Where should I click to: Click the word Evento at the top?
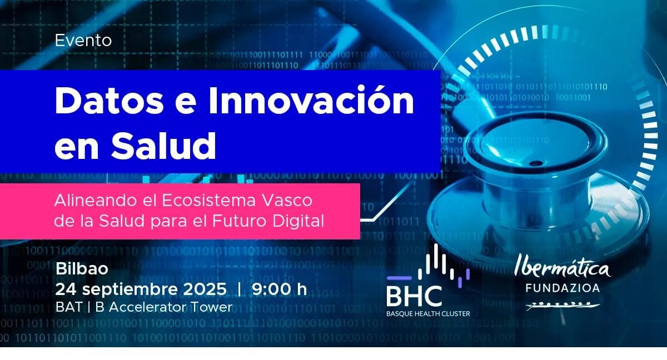click(x=83, y=41)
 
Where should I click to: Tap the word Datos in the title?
click(x=109, y=101)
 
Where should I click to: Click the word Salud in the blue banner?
click(x=163, y=146)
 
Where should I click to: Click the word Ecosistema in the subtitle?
click(x=209, y=201)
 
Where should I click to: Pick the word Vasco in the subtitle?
click(x=287, y=201)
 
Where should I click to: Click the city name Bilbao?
click(x=82, y=269)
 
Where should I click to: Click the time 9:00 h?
click(x=279, y=289)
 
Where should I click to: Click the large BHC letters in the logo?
click(x=414, y=296)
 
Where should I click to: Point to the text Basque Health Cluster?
click(x=428, y=313)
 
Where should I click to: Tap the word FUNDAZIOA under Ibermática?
click(x=563, y=288)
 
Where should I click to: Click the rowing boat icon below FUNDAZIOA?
click(x=562, y=306)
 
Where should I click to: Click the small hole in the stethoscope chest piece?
click(x=536, y=163)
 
